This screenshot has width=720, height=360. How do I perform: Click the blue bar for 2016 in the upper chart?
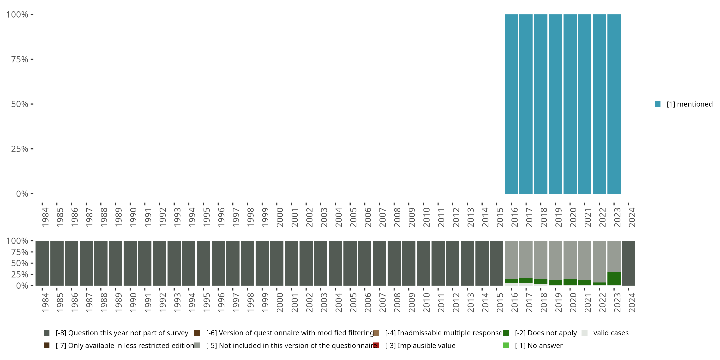coord(511,104)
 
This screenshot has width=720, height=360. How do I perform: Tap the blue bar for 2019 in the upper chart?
coord(555,104)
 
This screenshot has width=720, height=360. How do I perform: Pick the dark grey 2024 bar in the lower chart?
coord(629,263)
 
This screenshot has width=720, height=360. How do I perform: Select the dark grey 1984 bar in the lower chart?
coord(42,263)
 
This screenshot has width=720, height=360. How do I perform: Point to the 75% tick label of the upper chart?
coord(20,59)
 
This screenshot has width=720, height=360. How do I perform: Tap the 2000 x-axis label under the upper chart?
coord(280,217)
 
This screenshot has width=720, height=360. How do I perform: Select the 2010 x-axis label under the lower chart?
coord(426,302)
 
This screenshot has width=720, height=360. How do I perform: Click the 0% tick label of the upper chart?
coord(22,194)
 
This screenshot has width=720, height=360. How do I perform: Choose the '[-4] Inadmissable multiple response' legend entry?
coord(444,333)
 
